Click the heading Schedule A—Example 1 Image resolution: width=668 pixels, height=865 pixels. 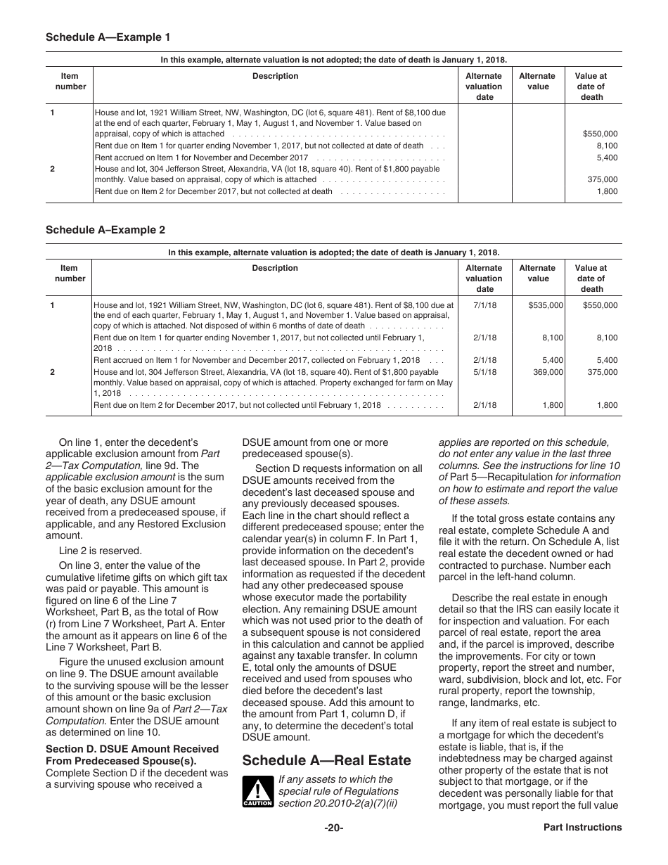[108, 37]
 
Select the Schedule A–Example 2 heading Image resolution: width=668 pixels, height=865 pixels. [105, 229]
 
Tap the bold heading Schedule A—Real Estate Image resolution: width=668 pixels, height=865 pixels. [326, 760]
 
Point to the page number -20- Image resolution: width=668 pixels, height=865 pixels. [333, 828]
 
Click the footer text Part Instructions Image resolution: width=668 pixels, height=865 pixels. [582, 828]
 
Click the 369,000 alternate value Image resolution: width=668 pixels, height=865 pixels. [548, 372]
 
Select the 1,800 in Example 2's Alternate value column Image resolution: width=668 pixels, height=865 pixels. [552, 405]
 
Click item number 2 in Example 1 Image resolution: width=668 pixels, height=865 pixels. [53, 169]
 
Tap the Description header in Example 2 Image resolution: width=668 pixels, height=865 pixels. [275, 268]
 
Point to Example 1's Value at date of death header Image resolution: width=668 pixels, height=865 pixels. [591, 86]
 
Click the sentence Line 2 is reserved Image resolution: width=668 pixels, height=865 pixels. [90, 551]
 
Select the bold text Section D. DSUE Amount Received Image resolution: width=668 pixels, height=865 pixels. [132, 749]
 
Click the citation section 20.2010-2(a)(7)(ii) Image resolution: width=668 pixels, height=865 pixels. [338, 803]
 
